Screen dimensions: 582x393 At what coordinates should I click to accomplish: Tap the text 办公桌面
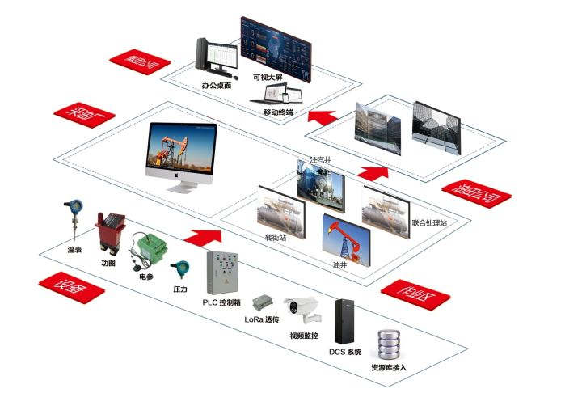(x=217, y=84)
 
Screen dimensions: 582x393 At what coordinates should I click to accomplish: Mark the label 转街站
(x=276, y=239)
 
